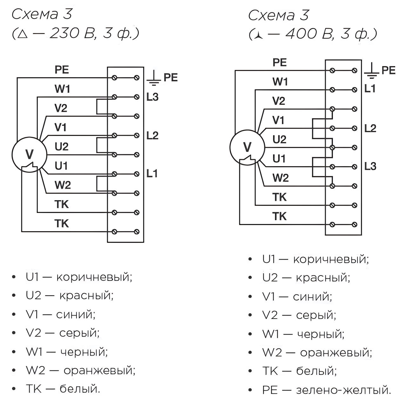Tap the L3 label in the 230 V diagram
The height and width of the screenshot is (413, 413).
(152, 97)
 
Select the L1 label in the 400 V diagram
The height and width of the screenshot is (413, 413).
(370, 89)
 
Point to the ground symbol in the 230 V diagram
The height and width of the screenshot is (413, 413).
(153, 78)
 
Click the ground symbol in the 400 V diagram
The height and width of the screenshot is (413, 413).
(372, 71)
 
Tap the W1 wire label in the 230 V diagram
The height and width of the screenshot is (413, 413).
(62, 89)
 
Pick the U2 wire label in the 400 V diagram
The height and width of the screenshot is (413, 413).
(280, 139)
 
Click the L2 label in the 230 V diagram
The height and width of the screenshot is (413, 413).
(152, 136)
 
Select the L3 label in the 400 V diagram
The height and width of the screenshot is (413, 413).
(370, 166)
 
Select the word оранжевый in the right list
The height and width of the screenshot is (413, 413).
(335, 353)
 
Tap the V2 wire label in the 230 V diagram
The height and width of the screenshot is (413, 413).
(61, 108)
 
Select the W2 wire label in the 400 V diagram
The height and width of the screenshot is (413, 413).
(281, 178)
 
